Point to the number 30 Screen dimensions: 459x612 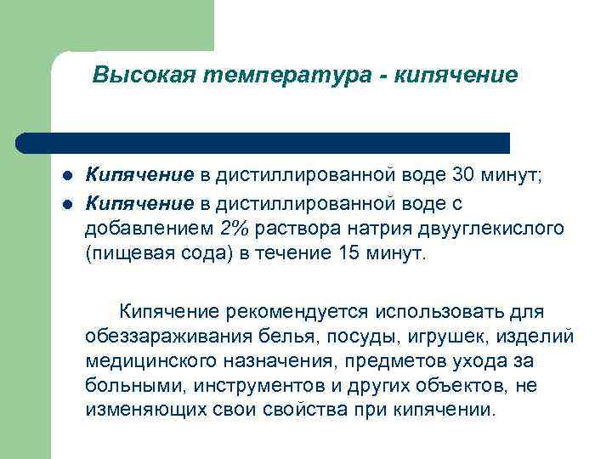point(466,176)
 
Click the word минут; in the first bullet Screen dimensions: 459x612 point(519,176)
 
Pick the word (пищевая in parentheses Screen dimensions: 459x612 point(122,256)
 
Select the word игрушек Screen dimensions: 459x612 point(418,337)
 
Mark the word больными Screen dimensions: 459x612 point(135,385)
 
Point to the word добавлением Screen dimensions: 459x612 point(150,229)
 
